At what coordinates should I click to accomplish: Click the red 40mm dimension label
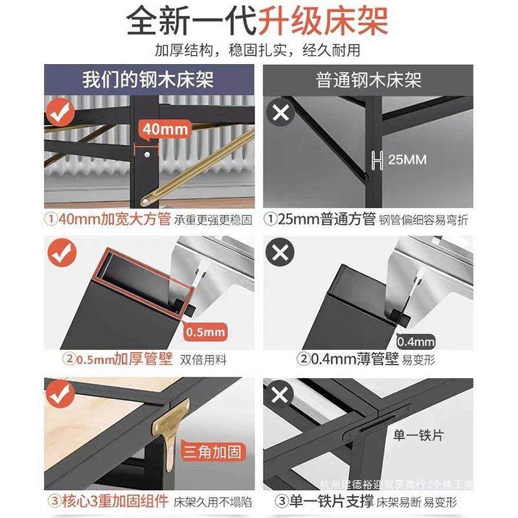[164, 129]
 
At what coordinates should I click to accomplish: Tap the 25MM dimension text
[407, 159]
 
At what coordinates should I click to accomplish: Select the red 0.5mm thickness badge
[206, 333]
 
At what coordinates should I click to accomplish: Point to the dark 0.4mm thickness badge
[414, 340]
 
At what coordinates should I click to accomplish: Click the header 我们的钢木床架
[148, 80]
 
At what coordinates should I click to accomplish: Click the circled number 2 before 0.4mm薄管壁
[303, 359]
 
